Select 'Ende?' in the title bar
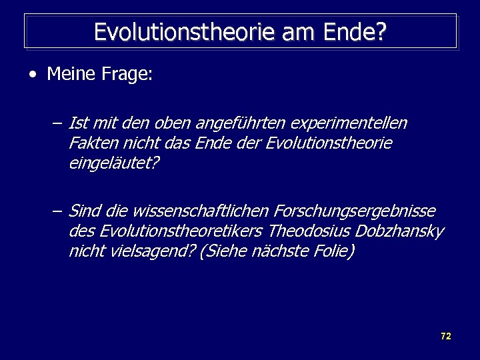pos(359,31)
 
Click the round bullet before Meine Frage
pos(33,74)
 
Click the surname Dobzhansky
pos(397,231)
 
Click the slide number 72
pos(446,336)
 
